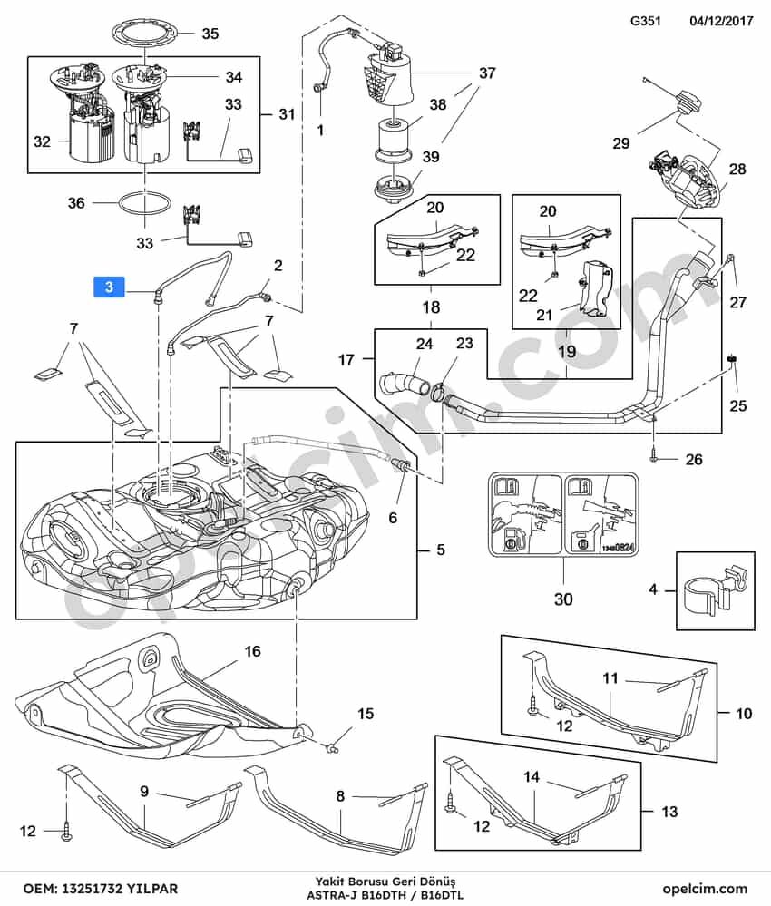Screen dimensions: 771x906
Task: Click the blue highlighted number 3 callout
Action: (x=109, y=287)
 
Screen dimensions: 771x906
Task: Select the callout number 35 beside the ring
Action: (x=210, y=34)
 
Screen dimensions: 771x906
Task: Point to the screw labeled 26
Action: (x=654, y=457)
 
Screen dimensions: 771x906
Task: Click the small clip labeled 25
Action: (x=730, y=361)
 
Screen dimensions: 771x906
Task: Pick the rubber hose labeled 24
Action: (x=402, y=384)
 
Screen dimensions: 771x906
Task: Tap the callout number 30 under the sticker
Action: (x=563, y=599)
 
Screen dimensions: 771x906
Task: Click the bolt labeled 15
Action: (x=330, y=748)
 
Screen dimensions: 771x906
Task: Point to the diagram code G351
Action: (x=645, y=21)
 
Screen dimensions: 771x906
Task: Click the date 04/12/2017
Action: (x=721, y=21)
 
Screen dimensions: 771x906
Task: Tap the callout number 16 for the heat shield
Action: (x=252, y=651)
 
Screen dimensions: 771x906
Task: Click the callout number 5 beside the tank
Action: (x=441, y=549)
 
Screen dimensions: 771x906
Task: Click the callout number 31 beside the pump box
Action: (x=287, y=114)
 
